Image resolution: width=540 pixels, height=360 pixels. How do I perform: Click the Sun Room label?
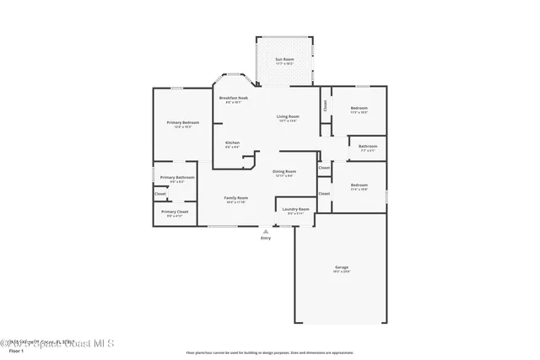pyautogui.click(x=284, y=59)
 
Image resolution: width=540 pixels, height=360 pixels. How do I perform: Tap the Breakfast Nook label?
pyautogui.click(x=233, y=98)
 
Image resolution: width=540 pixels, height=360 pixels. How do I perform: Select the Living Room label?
pyautogui.click(x=288, y=116)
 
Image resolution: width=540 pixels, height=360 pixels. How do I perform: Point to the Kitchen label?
pyautogui.click(x=232, y=142)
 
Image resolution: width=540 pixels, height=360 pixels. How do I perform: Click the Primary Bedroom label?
pyautogui.click(x=178, y=123)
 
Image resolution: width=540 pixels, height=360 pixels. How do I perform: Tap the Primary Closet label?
pyautogui.click(x=175, y=212)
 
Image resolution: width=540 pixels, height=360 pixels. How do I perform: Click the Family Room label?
pyautogui.click(x=235, y=197)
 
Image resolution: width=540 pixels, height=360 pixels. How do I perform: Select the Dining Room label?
pyautogui.click(x=283, y=171)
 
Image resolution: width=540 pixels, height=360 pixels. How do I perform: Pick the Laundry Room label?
pyautogui.click(x=295, y=208)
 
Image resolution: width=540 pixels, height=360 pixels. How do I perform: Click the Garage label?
pyautogui.click(x=341, y=267)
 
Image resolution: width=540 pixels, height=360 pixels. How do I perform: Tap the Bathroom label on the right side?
pyautogui.click(x=368, y=146)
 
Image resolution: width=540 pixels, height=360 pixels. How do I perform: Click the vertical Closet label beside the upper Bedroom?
pyautogui.click(x=325, y=105)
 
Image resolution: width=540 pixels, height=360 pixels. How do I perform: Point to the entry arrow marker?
pyautogui.click(x=266, y=229)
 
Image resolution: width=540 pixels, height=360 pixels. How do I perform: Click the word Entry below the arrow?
pyautogui.click(x=266, y=239)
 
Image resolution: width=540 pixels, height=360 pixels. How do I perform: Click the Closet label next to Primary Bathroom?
pyautogui.click(x=159, y=194)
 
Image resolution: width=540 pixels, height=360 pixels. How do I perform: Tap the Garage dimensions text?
pyautogui.click(x=341, y=272)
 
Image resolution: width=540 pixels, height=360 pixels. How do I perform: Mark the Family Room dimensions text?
pyautogui.click(x=235, y=202)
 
